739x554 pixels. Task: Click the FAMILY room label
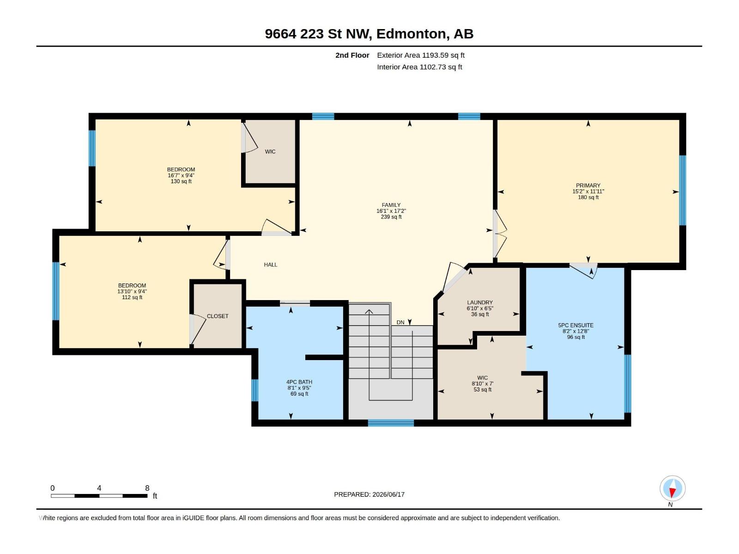coord(391,205)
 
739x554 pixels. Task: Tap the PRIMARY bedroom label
coord(588,185)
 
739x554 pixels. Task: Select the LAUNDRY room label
coord(480,302)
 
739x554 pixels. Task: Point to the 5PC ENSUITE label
coord(575,325)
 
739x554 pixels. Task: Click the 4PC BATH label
coord(299,382)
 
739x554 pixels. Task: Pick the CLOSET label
coord(218,316)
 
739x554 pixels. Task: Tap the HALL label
coord(270,265)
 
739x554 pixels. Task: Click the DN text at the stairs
coord(400,322)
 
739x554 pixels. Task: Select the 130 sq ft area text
coord(181,181)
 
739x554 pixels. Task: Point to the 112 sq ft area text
coord(132,297)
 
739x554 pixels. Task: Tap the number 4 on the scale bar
coord(99,488)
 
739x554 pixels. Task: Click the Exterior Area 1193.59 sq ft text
coord(420,55)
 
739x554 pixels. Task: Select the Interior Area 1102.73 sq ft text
coord(419,67)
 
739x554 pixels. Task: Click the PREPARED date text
coord(369,494)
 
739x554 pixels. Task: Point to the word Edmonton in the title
coord(412,34)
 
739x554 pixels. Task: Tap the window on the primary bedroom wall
coord(683,190)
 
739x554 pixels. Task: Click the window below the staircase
coord(391,423)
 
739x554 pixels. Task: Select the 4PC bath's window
coord(255,390)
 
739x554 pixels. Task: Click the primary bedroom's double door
coord(499,234)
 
